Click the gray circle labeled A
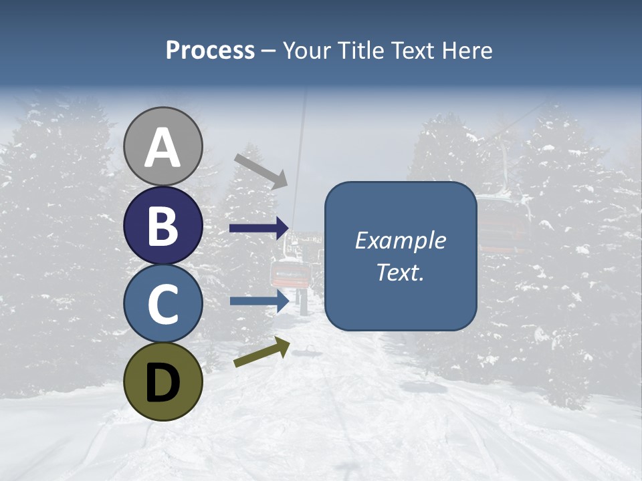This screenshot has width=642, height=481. point(163,146)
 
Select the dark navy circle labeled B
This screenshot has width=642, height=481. point(163,225)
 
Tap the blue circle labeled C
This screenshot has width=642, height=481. point(163,303)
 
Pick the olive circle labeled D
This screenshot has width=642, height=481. point(163,381)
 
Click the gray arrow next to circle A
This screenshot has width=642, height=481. point(261,170)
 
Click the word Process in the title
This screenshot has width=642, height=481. point(210,50)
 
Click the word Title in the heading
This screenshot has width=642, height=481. point(358,50)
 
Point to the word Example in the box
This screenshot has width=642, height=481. point(400,240)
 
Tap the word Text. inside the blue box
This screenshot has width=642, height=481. point(400,272)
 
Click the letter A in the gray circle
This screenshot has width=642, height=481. point(163,148)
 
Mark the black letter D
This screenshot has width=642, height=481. point(163,382)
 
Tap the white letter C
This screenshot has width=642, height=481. point(163,304)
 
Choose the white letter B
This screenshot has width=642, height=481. point(163,226)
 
